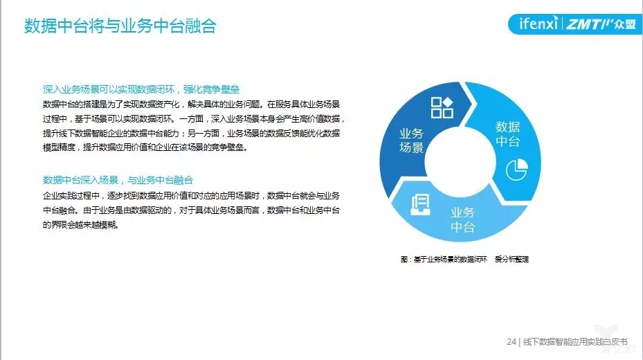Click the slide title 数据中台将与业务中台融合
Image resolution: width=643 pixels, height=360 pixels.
(x=120, y=26)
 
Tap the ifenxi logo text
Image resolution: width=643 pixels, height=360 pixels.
(x=538, y=24)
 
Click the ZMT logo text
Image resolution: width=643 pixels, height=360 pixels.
(x=583, y=24)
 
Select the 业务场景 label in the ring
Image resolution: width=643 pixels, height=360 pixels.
(x=411, y=141)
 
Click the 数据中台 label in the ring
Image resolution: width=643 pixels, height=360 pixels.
(x=507, y=134)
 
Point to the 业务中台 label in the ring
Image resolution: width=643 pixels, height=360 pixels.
(x=462, y=219)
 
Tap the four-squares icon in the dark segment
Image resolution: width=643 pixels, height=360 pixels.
(x=442, y=107)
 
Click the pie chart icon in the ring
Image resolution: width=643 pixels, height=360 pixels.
(x=517, y=170)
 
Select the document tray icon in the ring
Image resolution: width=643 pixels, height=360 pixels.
(x=421, y=204)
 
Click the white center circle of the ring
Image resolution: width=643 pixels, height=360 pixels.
(x=460, y=161)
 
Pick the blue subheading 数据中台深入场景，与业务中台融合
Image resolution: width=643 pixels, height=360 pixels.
(x=118, y=180)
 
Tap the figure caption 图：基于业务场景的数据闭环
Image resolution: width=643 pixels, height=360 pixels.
(x=444, y=259)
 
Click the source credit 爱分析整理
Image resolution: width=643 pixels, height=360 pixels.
(x=511, y=259)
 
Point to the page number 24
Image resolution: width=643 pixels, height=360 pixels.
(x=511, y=341)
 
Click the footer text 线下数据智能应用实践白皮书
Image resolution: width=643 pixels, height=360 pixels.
(x=575, y=341)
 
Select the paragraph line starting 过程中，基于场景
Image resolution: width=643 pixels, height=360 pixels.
(x=194, y=119)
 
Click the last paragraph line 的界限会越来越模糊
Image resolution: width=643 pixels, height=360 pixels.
(x=81, y=225)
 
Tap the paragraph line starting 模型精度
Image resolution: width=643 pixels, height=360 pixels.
(x=145, y=147)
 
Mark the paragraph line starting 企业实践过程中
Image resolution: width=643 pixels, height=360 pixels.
(x=191, y=196)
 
